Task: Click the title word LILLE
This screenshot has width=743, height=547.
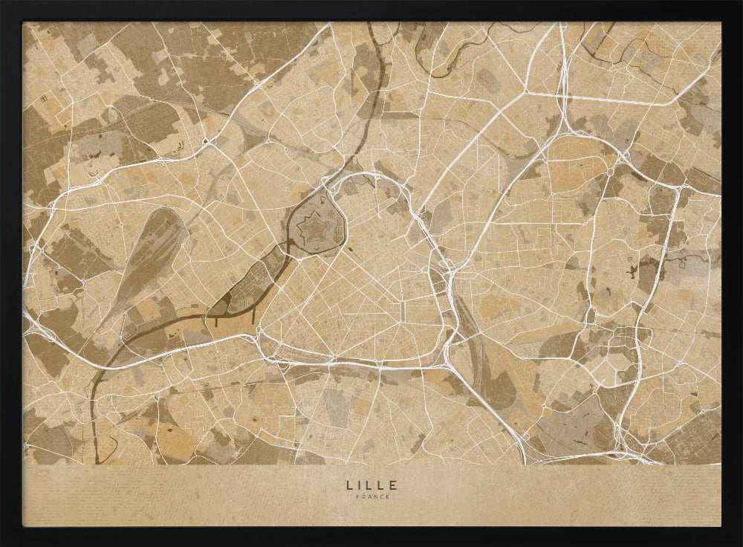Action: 371,485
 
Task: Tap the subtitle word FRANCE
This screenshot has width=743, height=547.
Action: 371,496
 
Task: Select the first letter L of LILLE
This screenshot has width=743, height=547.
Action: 348,485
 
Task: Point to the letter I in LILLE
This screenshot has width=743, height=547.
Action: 360,485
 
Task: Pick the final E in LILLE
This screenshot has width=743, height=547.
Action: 394,485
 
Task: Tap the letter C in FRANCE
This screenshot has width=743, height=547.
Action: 380,496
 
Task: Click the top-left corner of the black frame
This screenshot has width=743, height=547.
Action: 2,2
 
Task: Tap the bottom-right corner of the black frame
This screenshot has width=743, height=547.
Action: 740,544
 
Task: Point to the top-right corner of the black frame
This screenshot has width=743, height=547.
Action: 740,2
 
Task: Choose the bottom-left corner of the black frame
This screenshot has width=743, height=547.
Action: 2,544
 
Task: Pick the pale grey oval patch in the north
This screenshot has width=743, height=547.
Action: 489,80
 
